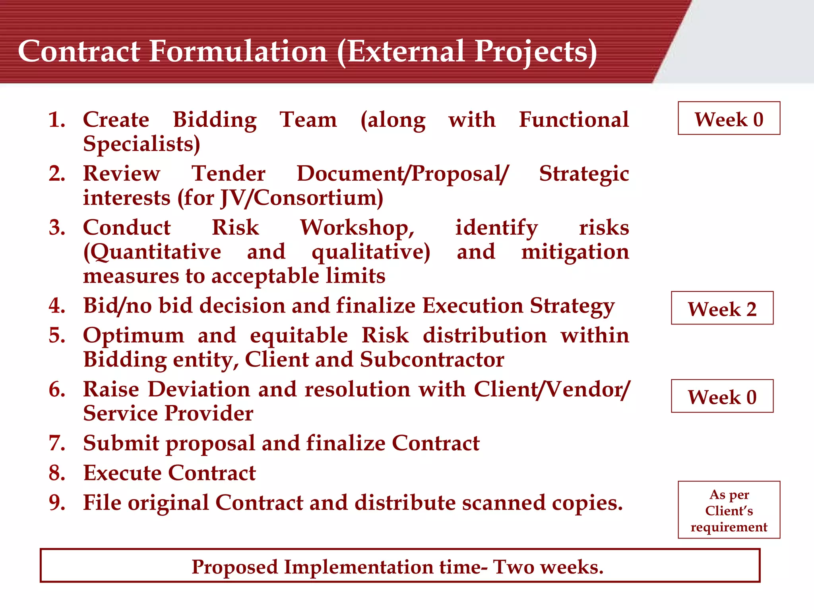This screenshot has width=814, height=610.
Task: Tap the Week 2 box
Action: pyautogui.click(x=722, y=308)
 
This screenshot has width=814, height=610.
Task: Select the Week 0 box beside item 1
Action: pyautogui.click(x=729, y=118)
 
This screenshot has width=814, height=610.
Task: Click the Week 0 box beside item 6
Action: pyautogui.click(x=722, y=396)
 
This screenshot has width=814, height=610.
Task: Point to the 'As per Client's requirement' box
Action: pyautogui.click(x=729, y=510)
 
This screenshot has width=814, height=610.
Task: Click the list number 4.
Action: pyautogui.click(x=57, y=306)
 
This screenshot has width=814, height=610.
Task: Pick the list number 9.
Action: pyautogui.click(x=57, y=503)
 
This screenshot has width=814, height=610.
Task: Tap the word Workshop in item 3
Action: pyautogui.click(x=357, y=228)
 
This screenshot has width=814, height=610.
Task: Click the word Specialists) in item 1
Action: pyautogui.click(x=141, y=144)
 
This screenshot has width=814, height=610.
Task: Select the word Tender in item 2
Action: pyautogui.click(x=229, y=174)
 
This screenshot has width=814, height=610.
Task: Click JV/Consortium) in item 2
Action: pyautogui.click(x=302, y=198)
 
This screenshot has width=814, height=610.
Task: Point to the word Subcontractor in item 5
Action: pyautogui.click(x=432, y=359)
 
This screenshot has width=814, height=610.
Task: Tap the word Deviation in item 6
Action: pyautogui.click(x=203, y=389)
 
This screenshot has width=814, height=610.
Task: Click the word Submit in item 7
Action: pyautogui.click(x=121, y=443)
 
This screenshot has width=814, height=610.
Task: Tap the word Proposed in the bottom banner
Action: pyautogui.click(x=235, y=567)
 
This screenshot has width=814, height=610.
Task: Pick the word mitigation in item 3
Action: pyautogui.click(x=575, y=252)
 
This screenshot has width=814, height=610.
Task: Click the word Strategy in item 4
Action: pyautogui.click(x=572, y=306)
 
